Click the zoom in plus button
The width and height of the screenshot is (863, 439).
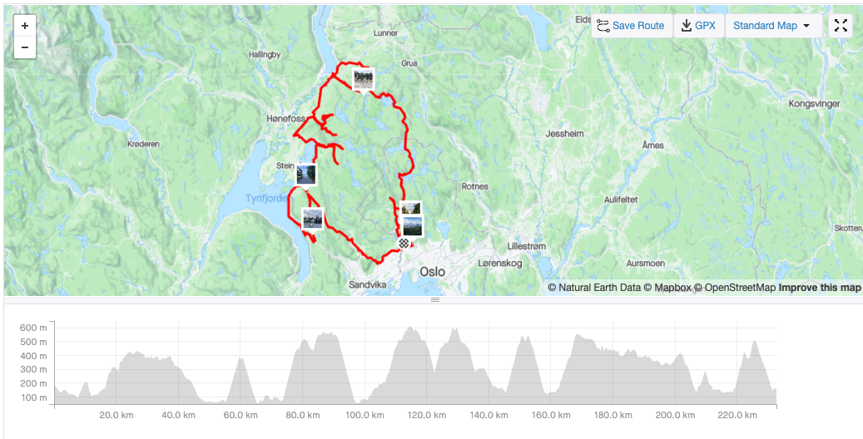(x=25, y=26)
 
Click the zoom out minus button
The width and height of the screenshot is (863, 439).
(x=25, y=47)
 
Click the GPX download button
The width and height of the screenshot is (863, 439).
(x=698, y=26)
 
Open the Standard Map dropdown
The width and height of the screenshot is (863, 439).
(x=771, y=26)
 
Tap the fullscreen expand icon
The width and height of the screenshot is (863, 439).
(x=841, y=26)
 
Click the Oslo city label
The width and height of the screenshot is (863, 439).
(x=432, y=272)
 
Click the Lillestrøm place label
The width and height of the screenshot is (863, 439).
(x=526, y=246)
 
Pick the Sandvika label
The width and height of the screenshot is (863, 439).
(x=368, y=284)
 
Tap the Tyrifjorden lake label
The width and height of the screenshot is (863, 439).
(x=266, y=199)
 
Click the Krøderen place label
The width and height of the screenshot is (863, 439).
(x=143, y=144)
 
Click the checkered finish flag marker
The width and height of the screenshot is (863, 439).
(x=404, y=244)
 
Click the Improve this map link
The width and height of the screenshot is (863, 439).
(x=820, y=288)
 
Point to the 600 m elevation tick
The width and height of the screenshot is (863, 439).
(x=33, y=327)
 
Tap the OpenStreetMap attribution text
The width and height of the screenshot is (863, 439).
(x=740, y=288)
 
